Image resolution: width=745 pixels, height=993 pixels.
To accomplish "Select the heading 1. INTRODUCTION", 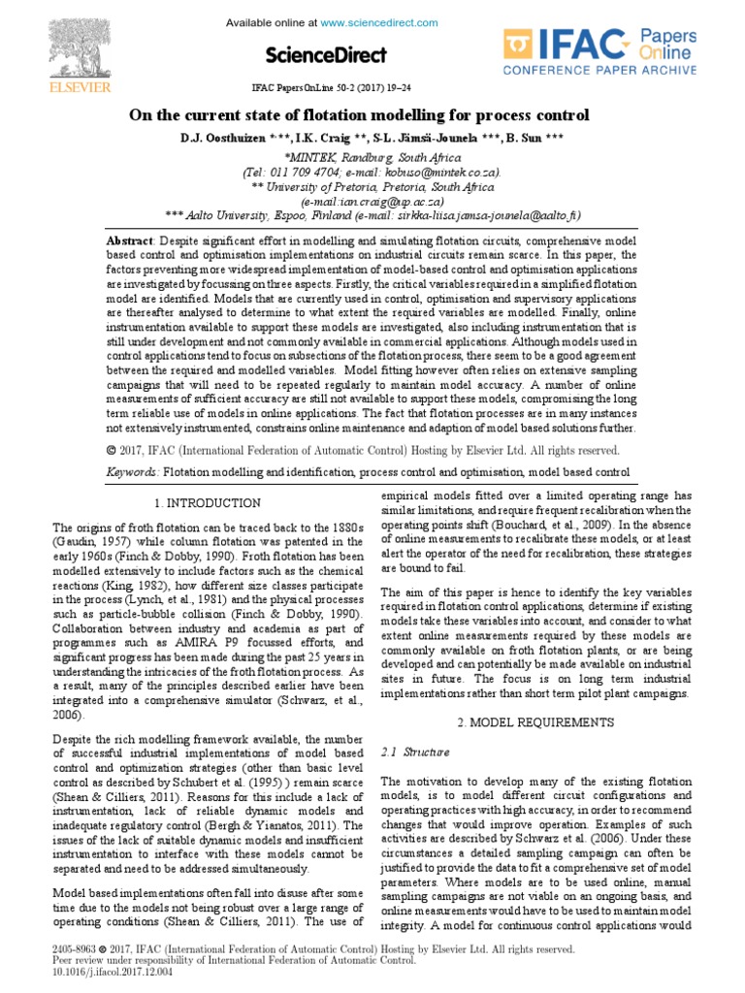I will (x=208, y=502).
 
